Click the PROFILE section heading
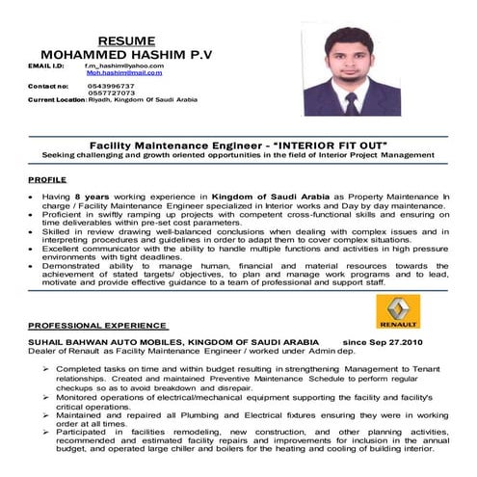pyautogui.click(x=47, y=180)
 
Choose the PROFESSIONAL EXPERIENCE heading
pyautogui.click(x=97, y=326)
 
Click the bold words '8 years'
pyautogui.click(x=79, y=195)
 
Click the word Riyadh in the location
pyautogui.click(x=97, y=100)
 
